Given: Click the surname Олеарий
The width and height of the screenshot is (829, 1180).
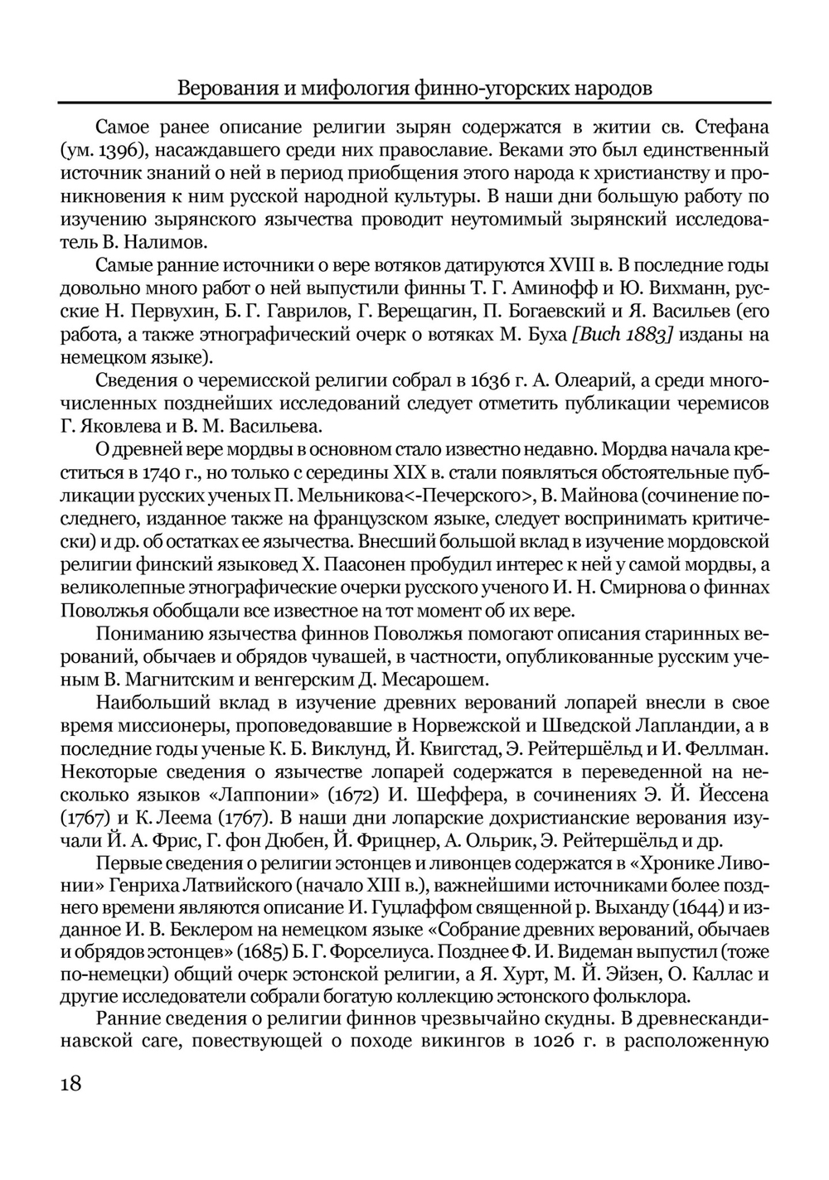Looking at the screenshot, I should [588, 381].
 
